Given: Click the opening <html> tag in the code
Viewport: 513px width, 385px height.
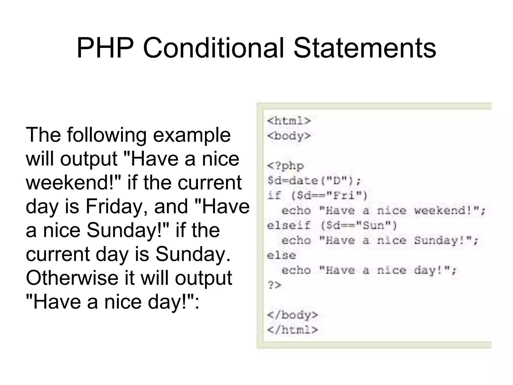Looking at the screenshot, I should click(289, 121).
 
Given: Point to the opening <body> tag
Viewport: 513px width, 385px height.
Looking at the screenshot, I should click(289, 136).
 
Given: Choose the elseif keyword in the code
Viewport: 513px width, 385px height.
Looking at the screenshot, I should click(289, 226).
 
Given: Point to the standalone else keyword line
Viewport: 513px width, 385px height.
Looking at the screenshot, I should click(281, 256).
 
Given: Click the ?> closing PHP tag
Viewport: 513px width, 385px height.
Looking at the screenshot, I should click(274, 285).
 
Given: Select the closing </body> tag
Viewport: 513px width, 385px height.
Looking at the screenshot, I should click(292, 315).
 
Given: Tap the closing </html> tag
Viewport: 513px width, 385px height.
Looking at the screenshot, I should click(292, 330).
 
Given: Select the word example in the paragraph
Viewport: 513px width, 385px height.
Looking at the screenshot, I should click(192, 135).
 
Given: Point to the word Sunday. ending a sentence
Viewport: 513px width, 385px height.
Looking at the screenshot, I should click(193, 254).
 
